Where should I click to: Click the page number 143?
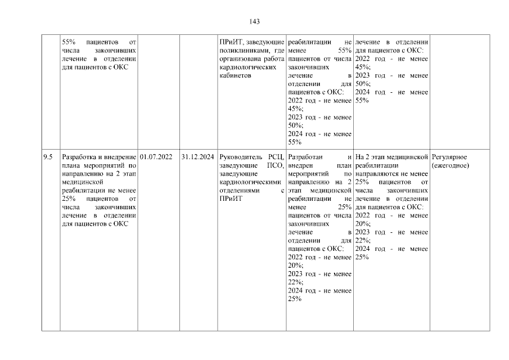click(x=254, y=21)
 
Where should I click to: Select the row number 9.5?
click(x=48, y=157)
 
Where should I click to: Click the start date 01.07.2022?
click(x=156, y=157)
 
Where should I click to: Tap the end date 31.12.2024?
click(x=198, y=157)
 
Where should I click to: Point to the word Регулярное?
click(x=449, y=157)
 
